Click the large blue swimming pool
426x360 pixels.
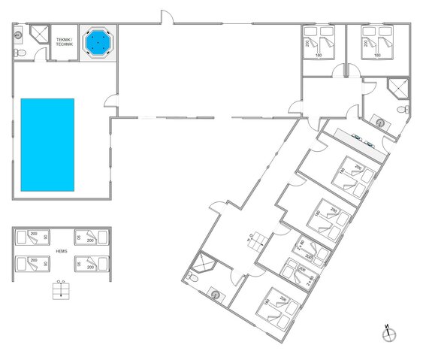47,144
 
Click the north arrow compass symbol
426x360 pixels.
388,332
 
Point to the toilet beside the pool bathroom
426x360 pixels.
20,52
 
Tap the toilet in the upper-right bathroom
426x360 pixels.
405,110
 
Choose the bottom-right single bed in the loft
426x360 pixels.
91,264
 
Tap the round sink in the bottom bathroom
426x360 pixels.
218,295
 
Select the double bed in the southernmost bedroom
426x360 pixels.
277,307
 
